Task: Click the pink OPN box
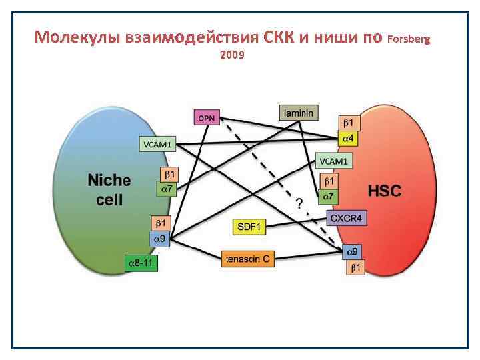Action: click(207, 117)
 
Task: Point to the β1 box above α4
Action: click(350, 123)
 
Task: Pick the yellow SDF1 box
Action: click(250, 227)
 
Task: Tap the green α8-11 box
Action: click(141, 263)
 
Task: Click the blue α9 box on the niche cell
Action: click(163, 238)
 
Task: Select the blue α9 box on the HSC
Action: click(353, 252)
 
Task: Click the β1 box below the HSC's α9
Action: click(355, 267)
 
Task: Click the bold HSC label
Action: click(385, 191)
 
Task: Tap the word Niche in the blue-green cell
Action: click(109, 180)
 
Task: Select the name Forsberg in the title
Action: click(409, 39)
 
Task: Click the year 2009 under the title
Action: click(231, 55)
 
